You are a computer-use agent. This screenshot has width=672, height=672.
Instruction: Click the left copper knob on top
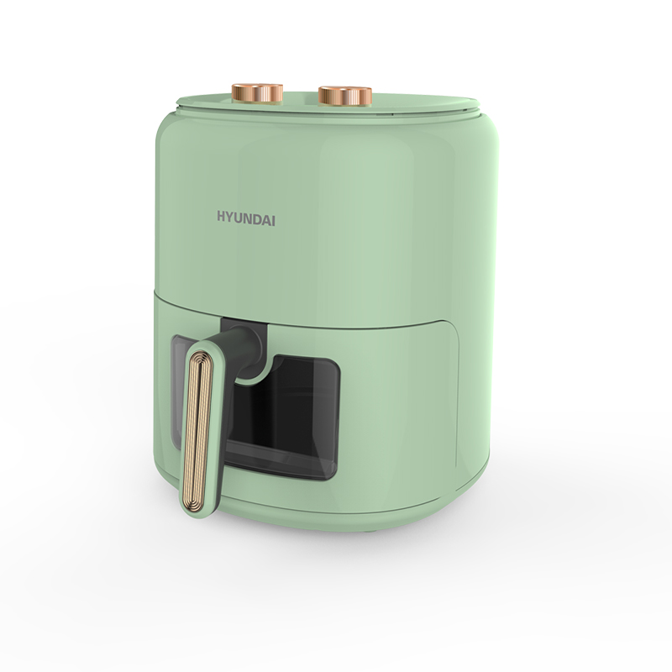(257, 93)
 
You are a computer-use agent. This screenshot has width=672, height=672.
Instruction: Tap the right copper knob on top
(345, 96)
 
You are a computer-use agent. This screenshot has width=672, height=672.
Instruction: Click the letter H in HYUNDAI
(222, 217)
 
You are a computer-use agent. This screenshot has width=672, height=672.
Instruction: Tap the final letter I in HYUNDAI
(274, 220)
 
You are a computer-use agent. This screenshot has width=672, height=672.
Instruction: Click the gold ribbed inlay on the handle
(197, 428)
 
